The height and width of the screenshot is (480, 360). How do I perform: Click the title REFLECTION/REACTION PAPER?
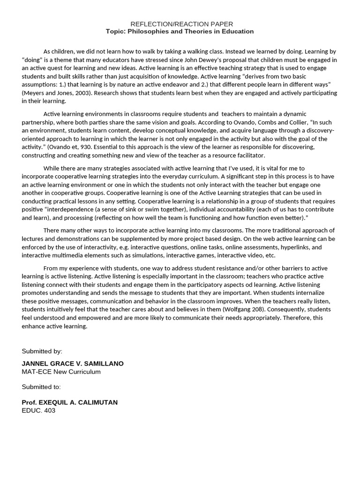181,24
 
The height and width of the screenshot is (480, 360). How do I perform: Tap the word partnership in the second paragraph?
39,122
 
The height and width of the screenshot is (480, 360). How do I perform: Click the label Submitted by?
42,351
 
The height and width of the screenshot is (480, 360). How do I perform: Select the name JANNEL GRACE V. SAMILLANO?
73,364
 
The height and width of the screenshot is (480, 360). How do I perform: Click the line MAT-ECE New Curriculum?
61,372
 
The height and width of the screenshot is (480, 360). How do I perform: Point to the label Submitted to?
41,387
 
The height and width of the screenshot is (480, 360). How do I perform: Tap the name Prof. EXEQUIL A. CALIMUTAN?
70,402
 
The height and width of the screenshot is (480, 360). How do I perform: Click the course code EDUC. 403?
38,410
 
